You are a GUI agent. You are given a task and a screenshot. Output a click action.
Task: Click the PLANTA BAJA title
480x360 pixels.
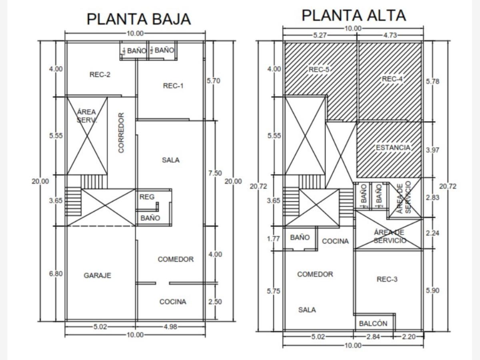coord(138,19)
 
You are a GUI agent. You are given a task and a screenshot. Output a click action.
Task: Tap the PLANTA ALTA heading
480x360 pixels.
coord(354,16)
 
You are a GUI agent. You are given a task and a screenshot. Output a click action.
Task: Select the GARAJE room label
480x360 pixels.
coord(98,275)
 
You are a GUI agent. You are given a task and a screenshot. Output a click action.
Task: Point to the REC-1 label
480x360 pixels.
coord(174,86)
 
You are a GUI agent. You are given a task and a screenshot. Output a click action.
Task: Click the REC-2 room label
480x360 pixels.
coord(100,74)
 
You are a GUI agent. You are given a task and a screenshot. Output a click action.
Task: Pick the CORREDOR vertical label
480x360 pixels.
coord(122,132)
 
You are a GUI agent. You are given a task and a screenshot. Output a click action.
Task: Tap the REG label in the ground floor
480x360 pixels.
coord(147,197)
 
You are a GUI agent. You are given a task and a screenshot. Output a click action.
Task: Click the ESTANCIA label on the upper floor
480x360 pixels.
coord(393,148)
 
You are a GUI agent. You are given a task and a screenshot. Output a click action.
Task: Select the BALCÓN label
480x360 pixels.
coord(373,324)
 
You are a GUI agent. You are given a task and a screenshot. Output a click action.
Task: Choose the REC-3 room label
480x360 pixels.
coord(387,279)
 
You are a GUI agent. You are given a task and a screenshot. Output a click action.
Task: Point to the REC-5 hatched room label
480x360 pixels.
coord(319,70)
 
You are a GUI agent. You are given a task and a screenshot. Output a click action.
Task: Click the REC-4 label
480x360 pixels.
coord(392,79)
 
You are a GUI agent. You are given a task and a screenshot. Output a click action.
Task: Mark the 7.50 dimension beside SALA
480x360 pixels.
coord(215,173)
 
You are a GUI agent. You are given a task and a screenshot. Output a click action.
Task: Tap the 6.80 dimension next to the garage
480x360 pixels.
coord(56,274)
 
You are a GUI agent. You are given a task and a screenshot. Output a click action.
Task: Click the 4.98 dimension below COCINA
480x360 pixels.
coord(170,327)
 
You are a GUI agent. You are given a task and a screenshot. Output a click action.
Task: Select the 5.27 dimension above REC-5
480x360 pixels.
coord(320,35)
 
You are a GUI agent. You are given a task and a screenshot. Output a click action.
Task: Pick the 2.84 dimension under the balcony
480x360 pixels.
coord(373,336)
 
